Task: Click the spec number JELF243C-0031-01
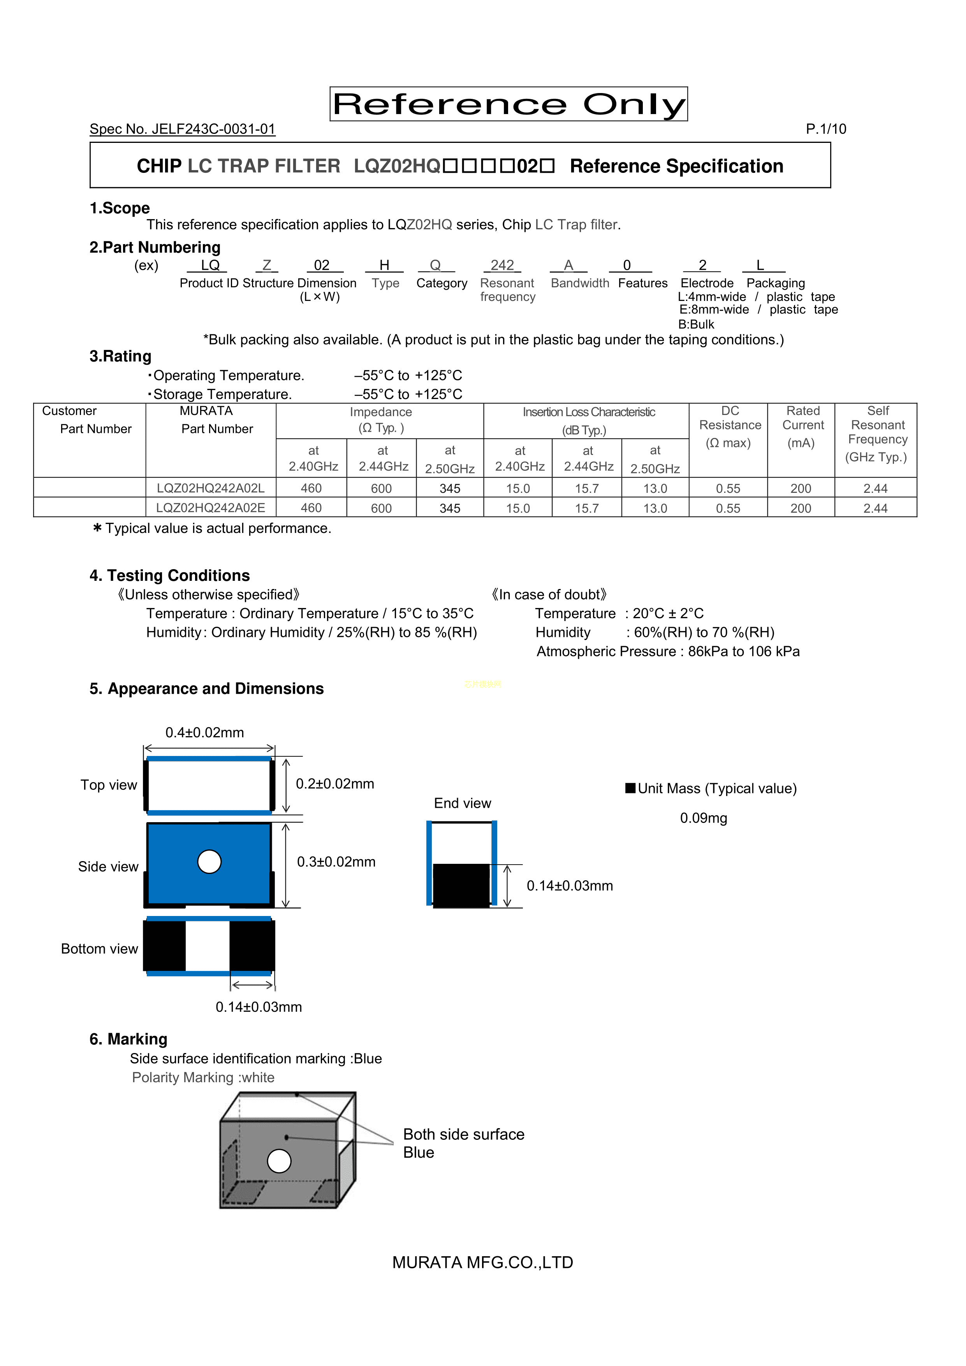tap(182, 129)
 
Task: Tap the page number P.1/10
tap(825, 129)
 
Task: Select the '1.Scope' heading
tap(120, 208)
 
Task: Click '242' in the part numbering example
tap(502, 265)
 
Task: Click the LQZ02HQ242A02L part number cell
tap(211, 489)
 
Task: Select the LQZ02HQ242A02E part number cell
tap(211, 508)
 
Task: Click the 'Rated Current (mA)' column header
tap(802, 426)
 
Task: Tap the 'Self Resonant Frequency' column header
tap(877, 433)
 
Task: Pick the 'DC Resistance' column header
tap(730, 426)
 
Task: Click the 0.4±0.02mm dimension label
tap(205, 732)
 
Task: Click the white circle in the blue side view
tap(209, 861)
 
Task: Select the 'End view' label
tap(463, 803)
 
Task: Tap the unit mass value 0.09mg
tap(704, 818)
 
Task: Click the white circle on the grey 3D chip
tap(279, 1161)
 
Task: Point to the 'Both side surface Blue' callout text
tap(463, 1143)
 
